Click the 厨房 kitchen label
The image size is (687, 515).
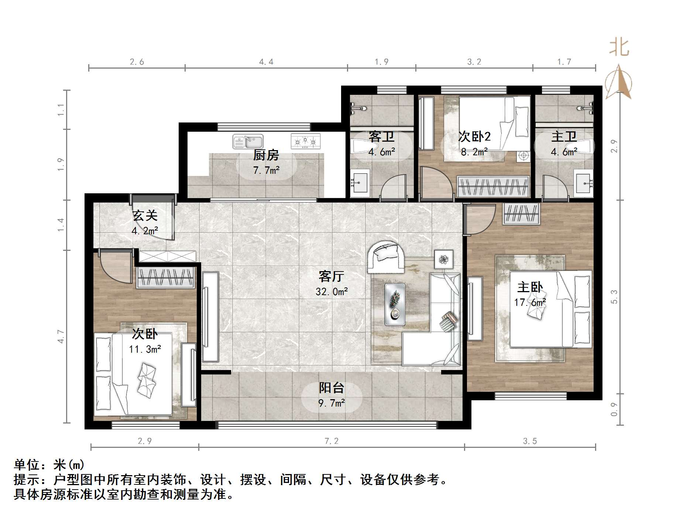[266, 155]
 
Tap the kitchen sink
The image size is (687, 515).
[248, 142]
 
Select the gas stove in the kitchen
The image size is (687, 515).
[305, 141]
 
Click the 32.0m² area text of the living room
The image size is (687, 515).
[332, 292]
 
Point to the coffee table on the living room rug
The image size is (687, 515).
[395, 304]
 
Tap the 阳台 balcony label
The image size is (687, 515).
[332, 388]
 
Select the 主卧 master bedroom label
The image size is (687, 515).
[530, 287]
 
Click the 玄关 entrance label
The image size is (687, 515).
[145, 215]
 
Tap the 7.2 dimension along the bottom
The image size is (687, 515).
[331, 441]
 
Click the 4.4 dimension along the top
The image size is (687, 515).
[266, 62]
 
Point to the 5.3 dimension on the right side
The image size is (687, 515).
[614, 297]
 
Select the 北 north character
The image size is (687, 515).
[619, 48]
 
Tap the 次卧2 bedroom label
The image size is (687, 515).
[474, 136]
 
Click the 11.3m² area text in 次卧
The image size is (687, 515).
[145, 349]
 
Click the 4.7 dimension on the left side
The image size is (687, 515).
[61, 336]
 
